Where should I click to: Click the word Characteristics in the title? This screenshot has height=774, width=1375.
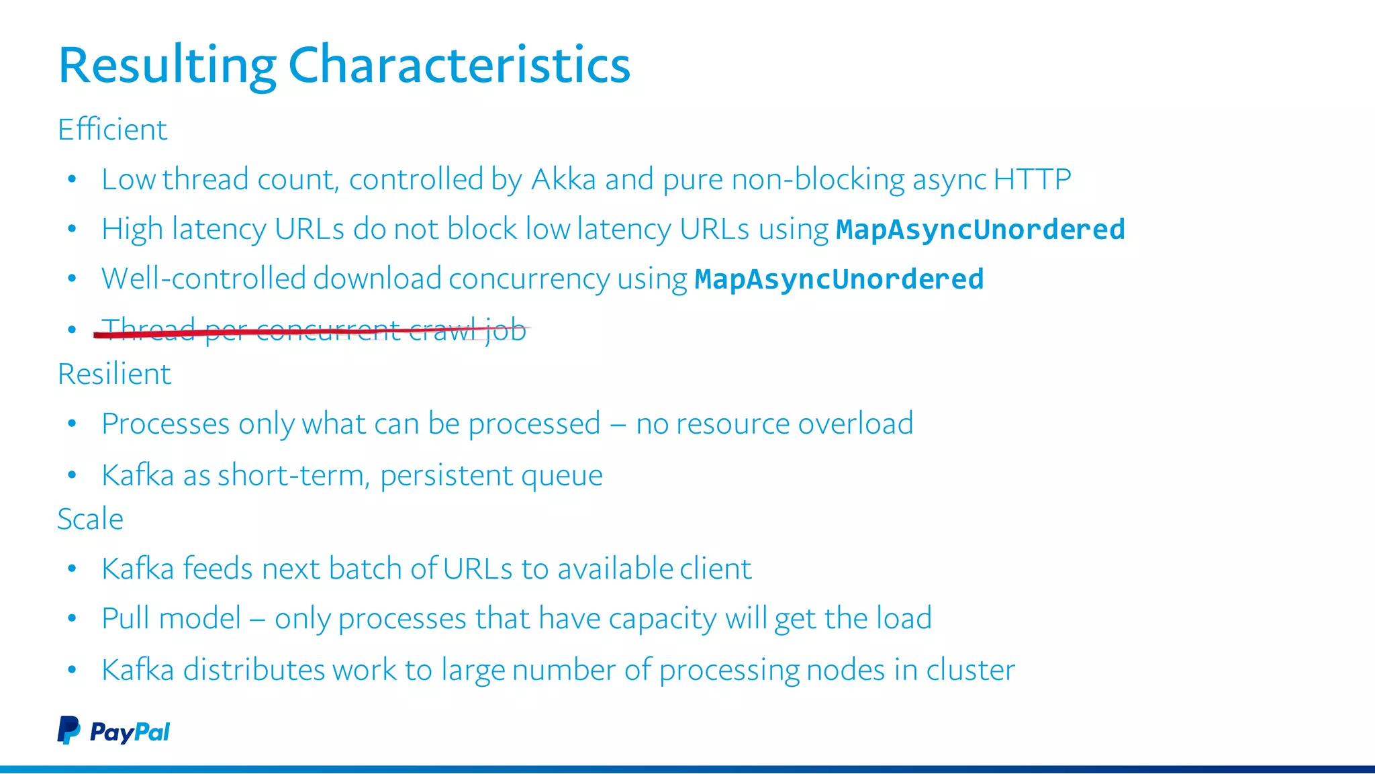point(459,65)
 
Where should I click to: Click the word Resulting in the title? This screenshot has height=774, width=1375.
point(167,65)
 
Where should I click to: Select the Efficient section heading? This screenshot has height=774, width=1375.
point(112,130)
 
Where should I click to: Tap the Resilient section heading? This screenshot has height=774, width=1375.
point(114,374)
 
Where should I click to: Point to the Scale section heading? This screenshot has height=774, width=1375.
point(90,520)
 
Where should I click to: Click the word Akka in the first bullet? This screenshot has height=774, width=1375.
point(563,179)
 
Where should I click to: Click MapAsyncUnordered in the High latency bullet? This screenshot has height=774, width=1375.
point(980,230)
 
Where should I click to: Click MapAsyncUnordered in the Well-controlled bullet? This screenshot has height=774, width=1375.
point(839,279)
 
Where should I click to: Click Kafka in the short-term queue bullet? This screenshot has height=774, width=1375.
point(138,475)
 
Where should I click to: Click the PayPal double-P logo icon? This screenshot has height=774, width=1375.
point(68,730)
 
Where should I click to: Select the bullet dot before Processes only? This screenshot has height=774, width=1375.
point(72,424)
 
